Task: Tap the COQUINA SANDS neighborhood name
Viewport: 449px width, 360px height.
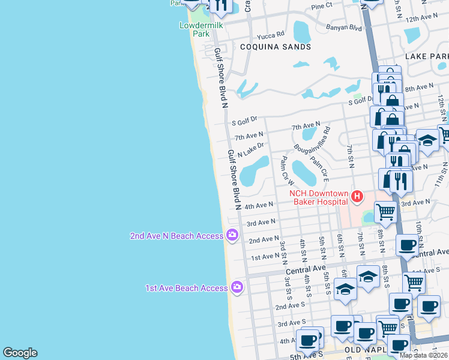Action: (276, 46)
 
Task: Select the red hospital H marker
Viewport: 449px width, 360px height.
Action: (357, 196)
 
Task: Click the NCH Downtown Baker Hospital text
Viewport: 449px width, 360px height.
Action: (319, 197)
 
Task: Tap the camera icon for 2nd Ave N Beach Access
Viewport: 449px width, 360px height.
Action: (232, 235)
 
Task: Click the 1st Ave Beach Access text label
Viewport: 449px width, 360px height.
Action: (186, 288)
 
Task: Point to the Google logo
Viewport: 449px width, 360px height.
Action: (20, 353)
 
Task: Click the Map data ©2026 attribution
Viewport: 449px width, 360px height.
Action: (423, 355)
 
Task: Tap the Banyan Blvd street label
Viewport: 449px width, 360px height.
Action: (343, 27)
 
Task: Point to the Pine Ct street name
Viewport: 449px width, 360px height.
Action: (321, 6)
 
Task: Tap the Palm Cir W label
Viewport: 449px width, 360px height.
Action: (287, 170)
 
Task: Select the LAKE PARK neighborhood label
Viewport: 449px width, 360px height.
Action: (426, 56)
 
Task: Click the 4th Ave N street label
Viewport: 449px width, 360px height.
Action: (259, 205)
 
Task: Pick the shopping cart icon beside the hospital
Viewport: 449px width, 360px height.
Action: (385, 211)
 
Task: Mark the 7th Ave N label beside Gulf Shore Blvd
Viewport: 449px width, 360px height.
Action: (249, 136)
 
